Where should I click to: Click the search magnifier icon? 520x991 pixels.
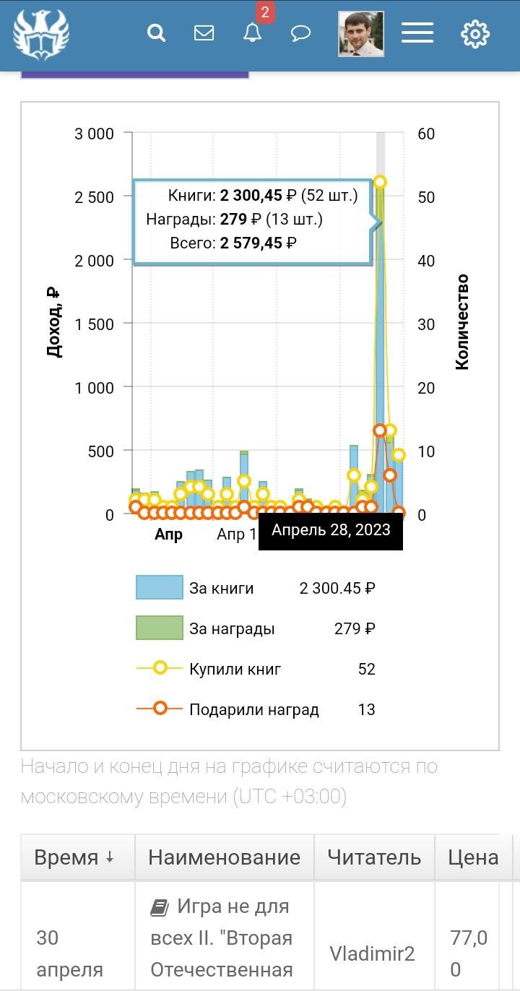[x=156, y=33]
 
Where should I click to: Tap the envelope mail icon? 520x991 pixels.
[x=204, y=33]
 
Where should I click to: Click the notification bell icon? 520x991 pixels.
[x=252, y=33]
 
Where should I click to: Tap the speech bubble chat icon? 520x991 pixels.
[x=300, y=33]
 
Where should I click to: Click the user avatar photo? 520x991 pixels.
[x=361, y=34]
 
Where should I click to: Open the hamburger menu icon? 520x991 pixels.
[x=417, y=33]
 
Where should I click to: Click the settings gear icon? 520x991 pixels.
[x=475, y=34]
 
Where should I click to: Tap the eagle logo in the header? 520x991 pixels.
[x=40, y=34]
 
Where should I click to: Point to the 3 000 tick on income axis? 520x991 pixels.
[x=95, y=134]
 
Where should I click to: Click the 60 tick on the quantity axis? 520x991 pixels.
[x=426, y=134]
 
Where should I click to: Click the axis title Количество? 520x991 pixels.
[x=462, y=322]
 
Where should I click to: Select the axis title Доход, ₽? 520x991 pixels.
[x=53, y=322]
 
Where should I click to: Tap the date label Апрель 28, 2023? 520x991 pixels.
[x=331, y=530]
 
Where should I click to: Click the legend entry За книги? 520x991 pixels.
[x=221, y=588]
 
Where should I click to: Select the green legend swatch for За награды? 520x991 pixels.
[x=160, y=628]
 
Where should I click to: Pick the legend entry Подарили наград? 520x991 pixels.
[x=253, y=709]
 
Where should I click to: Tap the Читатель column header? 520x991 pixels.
[x=374, y=857]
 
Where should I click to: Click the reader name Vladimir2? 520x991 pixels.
[x=372, y=953]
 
